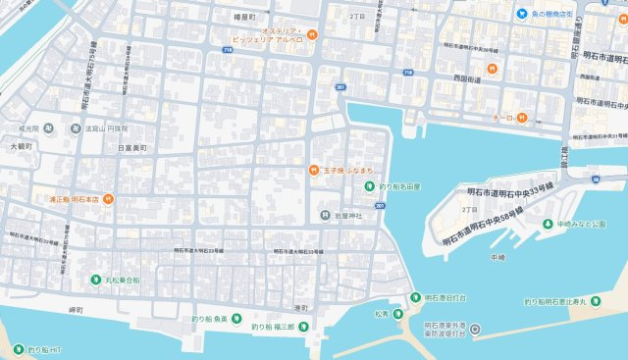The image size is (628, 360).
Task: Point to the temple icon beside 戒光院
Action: pyautogui.click(x=76, y=128)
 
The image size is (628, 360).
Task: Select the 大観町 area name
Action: pyautogui.click(x=21, y=146)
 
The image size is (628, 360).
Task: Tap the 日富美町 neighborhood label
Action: pyautogui.click(x=131, y=148)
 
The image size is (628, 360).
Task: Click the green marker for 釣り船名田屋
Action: pyautogui.click(x=370, y=185)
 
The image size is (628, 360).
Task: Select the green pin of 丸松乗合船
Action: pyautogui.click(x=96, y=280)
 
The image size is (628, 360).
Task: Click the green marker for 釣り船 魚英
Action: pyautogui.click(x=193, y=318)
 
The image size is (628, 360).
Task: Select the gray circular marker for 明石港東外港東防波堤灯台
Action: pyautogui.click(x=476, y=330)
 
